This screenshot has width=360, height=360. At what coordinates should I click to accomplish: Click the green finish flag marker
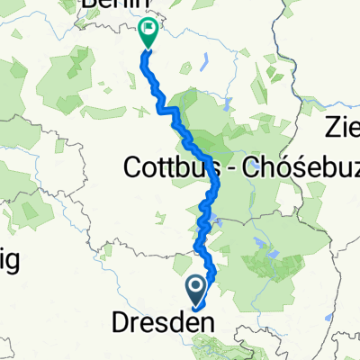coord(147,34)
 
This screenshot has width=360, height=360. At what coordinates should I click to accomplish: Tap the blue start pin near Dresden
coord(196,290)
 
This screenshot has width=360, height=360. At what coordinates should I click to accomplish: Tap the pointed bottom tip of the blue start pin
coord(196,303)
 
